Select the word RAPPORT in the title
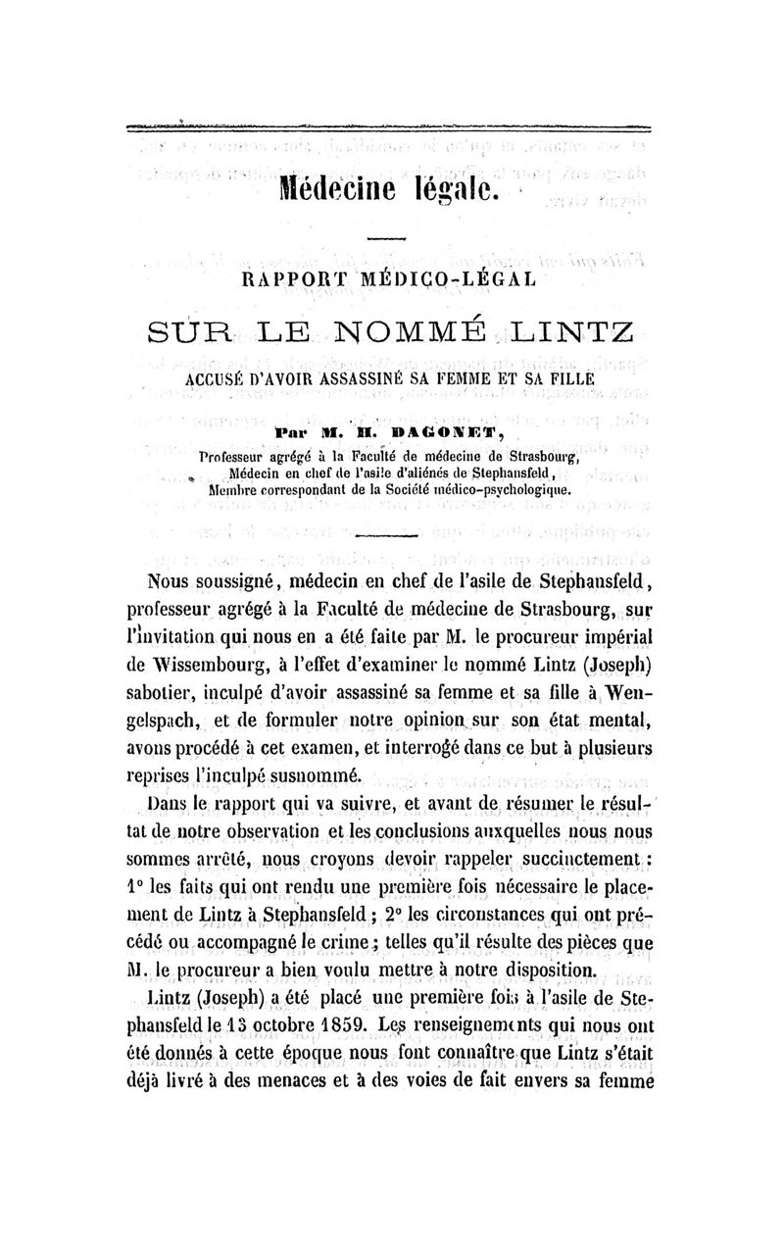pos(301,280)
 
